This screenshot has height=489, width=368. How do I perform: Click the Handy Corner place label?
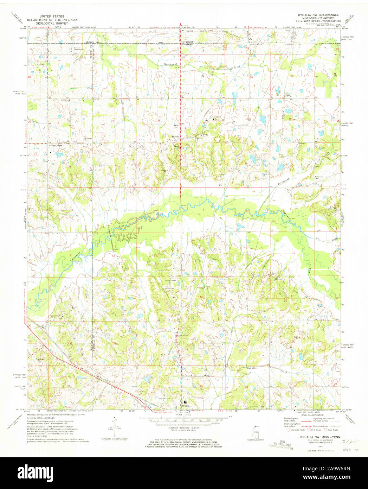coord(56,145)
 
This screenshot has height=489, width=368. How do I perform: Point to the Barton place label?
coord(175,136)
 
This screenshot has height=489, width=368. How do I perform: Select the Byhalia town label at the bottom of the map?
coord(185,406)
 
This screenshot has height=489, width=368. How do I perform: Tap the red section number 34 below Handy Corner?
coord(116,165)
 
